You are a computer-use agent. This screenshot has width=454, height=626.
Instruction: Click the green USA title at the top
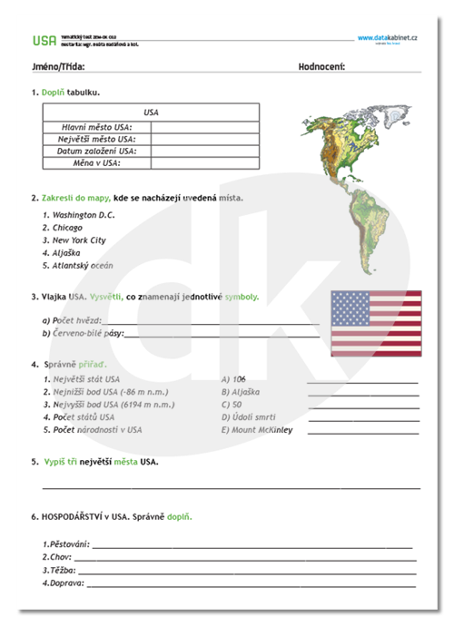[43, 40]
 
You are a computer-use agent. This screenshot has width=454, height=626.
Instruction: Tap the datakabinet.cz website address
[388, 38]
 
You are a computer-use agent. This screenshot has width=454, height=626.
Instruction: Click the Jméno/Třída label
[57, 67]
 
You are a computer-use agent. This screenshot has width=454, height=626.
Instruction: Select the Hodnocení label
[321, 67]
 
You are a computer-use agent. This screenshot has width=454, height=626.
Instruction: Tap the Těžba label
[58, 571]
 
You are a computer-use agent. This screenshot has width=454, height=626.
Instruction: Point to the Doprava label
[62, 583]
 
